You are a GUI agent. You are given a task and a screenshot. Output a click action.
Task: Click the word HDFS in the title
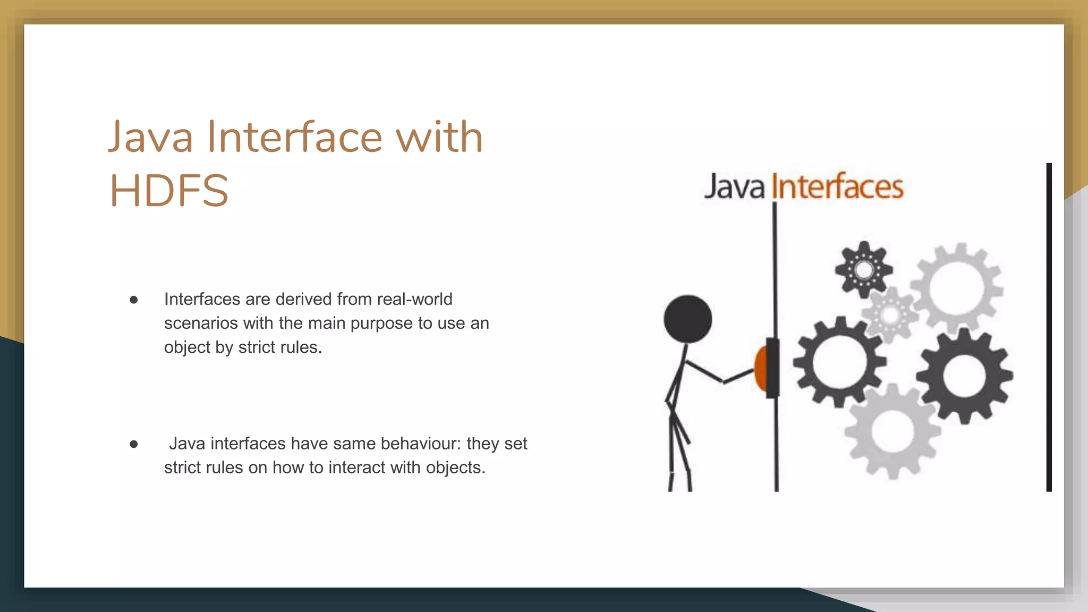(169, 190)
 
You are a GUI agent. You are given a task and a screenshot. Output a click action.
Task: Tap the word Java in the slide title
(151, 137)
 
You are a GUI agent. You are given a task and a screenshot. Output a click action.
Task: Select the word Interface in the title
(294, 137)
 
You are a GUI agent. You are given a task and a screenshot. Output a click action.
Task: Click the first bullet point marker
(134, 300)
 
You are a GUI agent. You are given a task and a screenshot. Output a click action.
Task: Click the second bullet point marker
(134, 444)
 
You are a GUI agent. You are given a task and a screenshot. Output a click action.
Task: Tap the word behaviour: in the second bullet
(421, 443)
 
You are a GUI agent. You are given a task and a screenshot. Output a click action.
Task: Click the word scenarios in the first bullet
(201, 323)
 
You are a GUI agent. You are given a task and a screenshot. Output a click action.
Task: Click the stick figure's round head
(687, 319)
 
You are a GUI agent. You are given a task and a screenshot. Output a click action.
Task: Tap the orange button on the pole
(761, 368)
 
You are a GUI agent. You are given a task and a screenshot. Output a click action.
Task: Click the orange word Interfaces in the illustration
(837, 187)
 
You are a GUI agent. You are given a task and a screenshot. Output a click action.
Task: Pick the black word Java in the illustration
(734, 187)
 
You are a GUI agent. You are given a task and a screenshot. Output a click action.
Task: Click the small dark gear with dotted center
(864, 270)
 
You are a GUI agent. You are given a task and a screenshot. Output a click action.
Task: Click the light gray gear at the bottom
(892, 431)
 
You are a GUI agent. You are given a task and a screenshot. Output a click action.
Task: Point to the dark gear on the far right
(964, 376)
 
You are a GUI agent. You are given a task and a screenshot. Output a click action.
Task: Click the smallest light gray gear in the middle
(890, 314)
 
